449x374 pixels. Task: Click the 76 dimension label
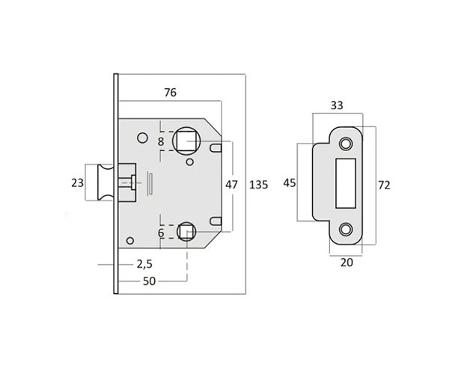coord(170,93)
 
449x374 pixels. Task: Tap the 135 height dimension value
coord(259,185)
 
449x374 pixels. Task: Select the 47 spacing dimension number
coord(231,185)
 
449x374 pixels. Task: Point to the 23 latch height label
coord(77,183)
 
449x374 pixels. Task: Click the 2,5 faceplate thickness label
coord(144,264)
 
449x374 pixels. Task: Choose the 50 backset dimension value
coord(149,281)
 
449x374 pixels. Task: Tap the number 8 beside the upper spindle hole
coord(161,141)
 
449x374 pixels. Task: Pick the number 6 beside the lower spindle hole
coord(161,233)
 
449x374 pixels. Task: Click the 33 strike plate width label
coord(337,105)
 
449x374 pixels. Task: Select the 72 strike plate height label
coord(384,186)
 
